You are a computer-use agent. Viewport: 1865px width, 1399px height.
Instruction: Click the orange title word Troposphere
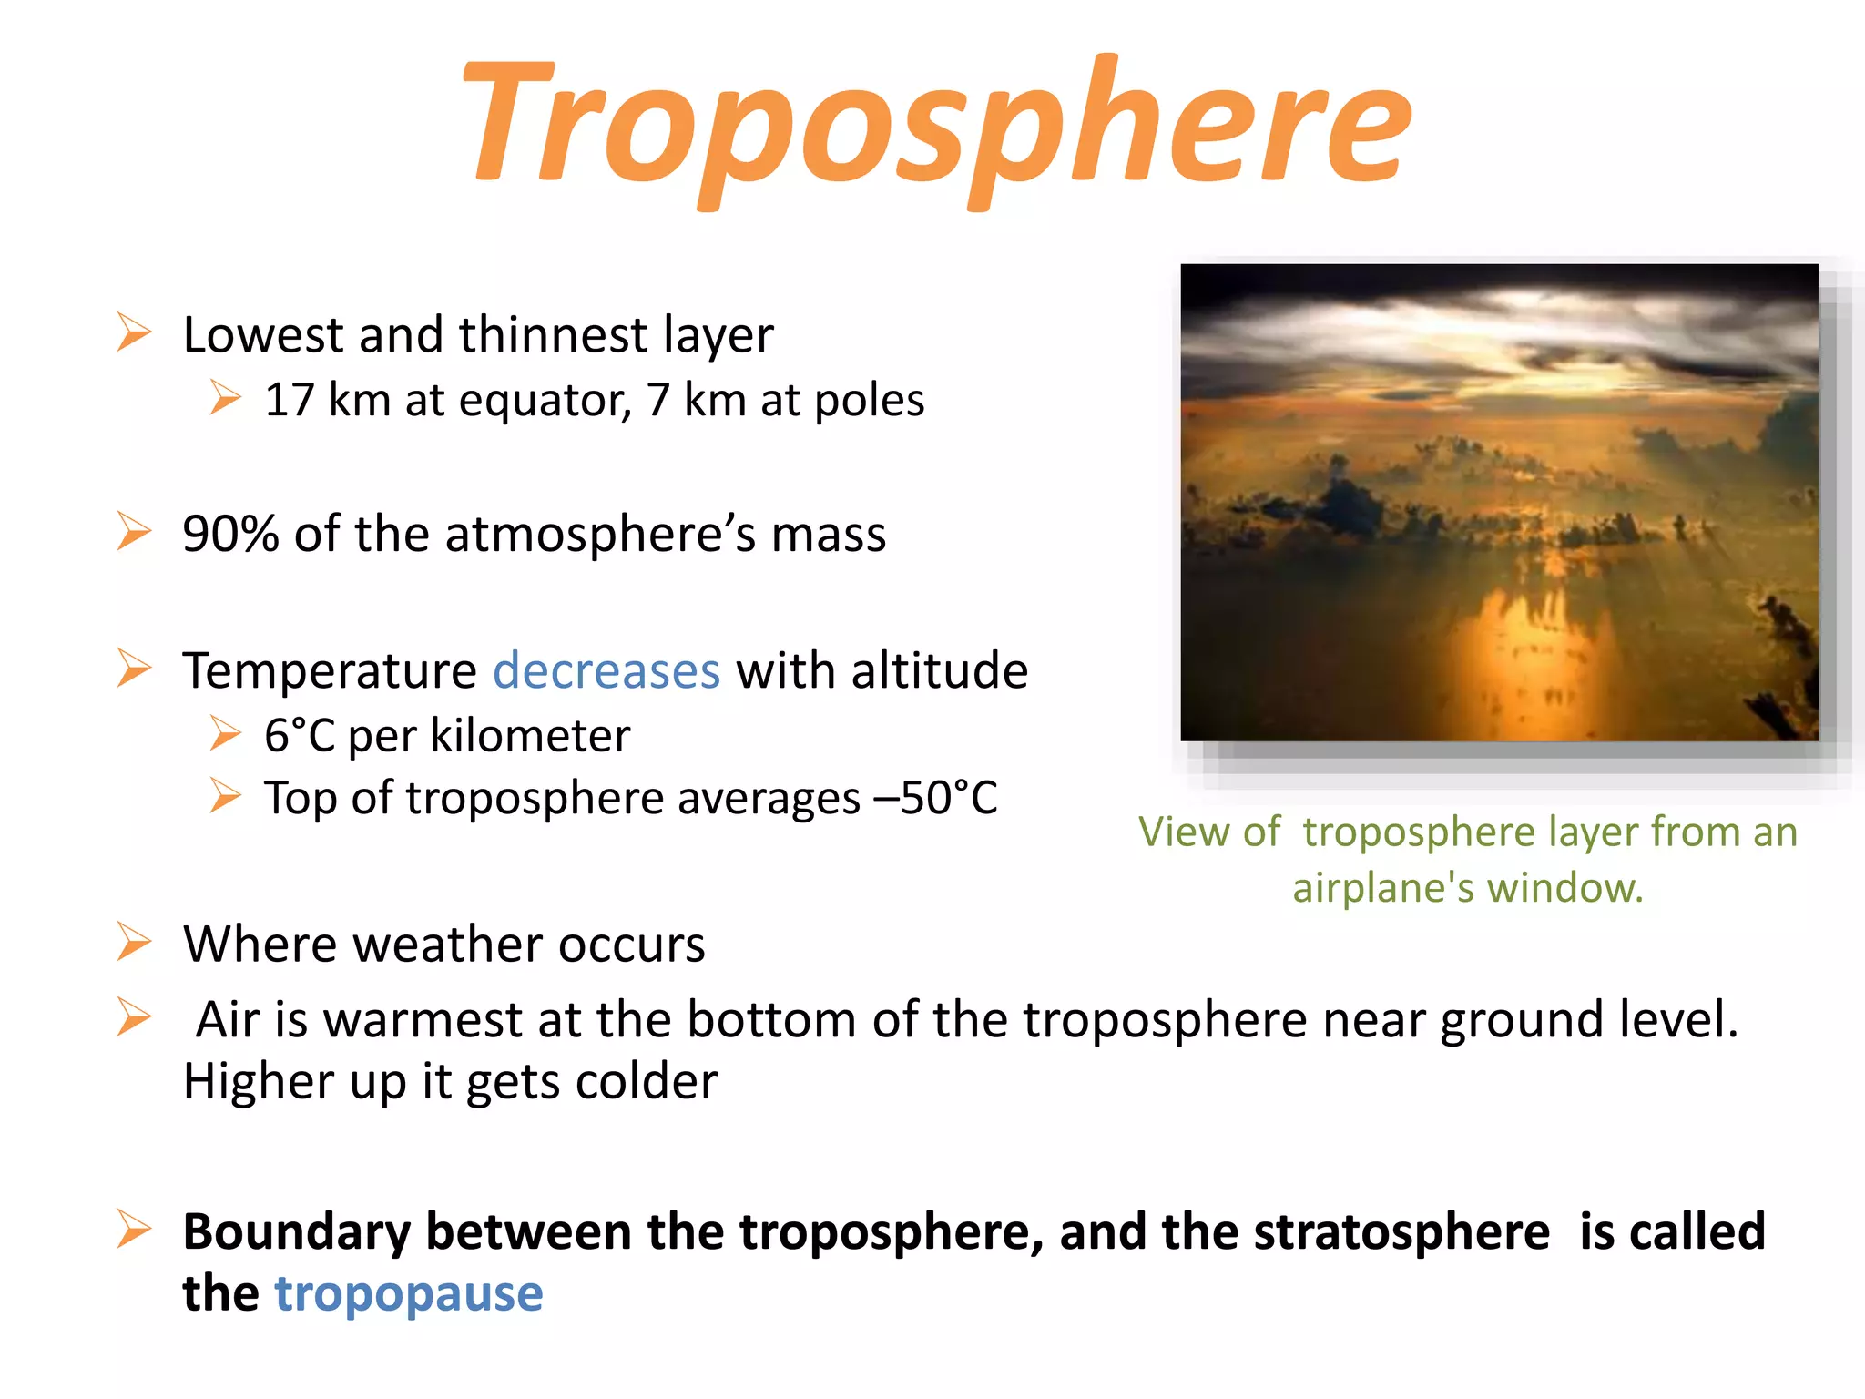coord(938,128)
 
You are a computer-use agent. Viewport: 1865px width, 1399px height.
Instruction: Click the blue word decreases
coord(606,671)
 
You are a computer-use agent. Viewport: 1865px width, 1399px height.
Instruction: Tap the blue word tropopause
coord(409,1293)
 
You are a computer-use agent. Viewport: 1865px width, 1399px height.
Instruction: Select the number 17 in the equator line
coord(289,401)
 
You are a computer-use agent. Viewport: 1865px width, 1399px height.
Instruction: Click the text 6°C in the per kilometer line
coord(300,736)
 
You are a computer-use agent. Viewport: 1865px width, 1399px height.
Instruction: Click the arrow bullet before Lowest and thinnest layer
coord(134,332)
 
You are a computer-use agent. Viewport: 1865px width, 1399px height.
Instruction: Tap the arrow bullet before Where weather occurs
coord(134,942)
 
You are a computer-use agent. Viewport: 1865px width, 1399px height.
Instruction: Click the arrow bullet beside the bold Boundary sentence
coord(134,1230)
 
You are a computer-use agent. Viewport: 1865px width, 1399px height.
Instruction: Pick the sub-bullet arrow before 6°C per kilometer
coord(225,733)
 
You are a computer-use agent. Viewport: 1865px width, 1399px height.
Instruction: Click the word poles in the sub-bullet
coord(869,401)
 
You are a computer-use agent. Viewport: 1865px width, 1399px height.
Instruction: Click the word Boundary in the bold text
coord(297,1232)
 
